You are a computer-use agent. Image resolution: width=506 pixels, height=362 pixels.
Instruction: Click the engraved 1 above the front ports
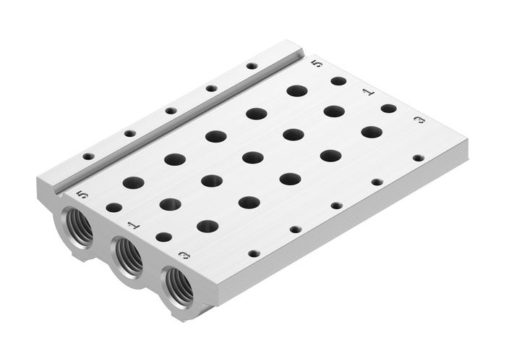tap(131, 225)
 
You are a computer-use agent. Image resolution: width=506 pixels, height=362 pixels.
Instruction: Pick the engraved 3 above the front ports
tap(184, 255)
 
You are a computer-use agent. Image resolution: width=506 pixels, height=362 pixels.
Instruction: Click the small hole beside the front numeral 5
tap(113, 208)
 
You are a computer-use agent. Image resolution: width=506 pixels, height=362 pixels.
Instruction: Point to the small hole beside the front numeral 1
tap(164, 237)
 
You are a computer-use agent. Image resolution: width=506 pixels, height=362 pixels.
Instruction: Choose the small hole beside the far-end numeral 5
tap(338, 81)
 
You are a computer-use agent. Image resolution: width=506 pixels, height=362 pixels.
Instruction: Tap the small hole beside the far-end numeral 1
tap(388, 109)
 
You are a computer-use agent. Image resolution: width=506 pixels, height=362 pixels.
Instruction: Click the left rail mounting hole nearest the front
tap(88, 156)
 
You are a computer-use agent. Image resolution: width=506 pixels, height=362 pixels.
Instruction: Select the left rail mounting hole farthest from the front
tap(251, 66)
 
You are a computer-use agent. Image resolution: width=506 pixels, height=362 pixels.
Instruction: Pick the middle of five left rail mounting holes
tap(171, 111)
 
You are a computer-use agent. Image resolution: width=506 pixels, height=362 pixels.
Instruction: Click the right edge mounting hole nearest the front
tap(254, 254)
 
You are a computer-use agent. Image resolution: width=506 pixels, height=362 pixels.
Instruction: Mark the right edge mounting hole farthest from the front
tap(418, 157)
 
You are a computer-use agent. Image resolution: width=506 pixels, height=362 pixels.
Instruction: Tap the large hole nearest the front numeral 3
tap(207, 226)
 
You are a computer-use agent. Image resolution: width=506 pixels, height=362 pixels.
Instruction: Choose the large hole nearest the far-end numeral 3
tap(371, 132)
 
